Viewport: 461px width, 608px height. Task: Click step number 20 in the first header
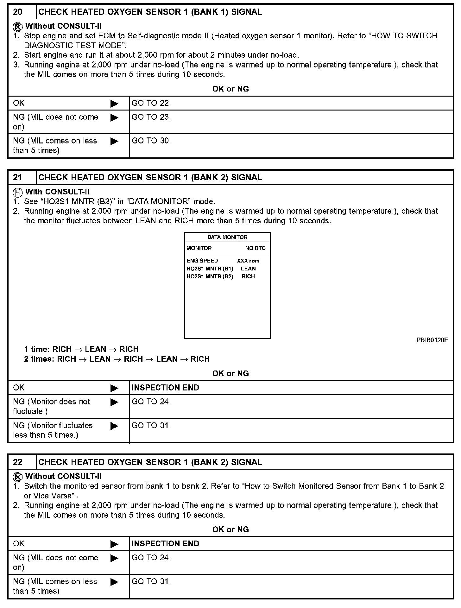pos(18,12)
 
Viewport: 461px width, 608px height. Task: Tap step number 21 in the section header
pos(18,177)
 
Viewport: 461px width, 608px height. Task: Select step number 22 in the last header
pos(18,462)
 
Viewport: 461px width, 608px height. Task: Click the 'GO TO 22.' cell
pos(151,103)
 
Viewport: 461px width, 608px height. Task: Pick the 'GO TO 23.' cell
pos(151,117)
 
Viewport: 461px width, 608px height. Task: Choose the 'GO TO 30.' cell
pos(151,141)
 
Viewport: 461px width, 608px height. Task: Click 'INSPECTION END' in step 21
pos(165,388)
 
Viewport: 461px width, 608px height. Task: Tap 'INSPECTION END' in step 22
pos(165,543)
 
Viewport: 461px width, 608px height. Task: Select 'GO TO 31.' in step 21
pos(151,425)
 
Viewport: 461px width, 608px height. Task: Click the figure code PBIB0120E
pos(432,340)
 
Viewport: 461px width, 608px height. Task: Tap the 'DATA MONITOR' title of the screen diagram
pos(227,237)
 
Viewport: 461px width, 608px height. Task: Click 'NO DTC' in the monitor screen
pos(255,248)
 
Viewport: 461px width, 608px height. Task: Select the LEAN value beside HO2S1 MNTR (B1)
pos(248,269)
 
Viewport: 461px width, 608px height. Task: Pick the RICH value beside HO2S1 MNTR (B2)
pos(248,276)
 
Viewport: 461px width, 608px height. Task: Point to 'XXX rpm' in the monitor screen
pos(248,261)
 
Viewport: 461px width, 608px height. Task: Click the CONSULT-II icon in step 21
pos(18,192)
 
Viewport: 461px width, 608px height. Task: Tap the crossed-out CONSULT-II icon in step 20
pos(18,26)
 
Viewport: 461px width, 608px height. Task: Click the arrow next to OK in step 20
pos(114,104)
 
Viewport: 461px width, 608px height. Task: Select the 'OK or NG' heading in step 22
pos(230,529)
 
